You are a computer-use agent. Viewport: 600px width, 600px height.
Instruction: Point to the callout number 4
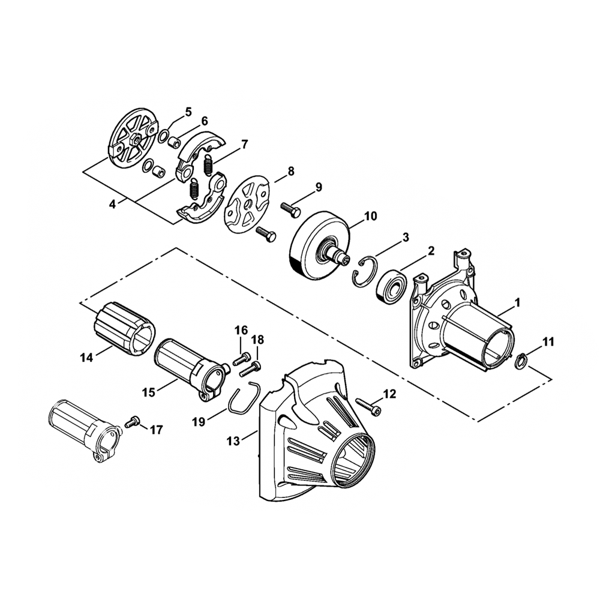click(x=112, y=204)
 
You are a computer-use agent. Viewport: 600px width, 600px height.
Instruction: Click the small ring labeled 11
click(x=523, y=361)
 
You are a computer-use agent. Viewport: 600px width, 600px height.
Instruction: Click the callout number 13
click(x=233, y=441)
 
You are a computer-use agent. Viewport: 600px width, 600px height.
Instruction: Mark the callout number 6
click(x=205, y=121)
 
